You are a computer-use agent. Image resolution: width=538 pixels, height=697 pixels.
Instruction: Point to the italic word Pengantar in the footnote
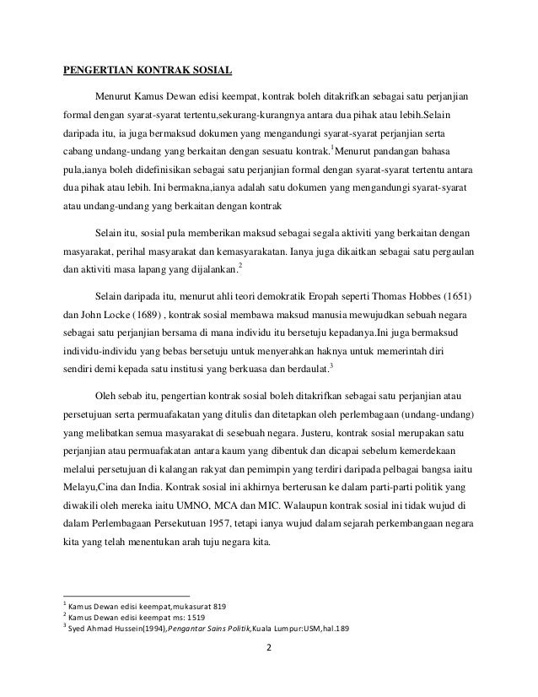coord(191,629)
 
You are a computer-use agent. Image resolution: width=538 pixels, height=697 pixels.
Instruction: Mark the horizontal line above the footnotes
coord(127,596)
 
